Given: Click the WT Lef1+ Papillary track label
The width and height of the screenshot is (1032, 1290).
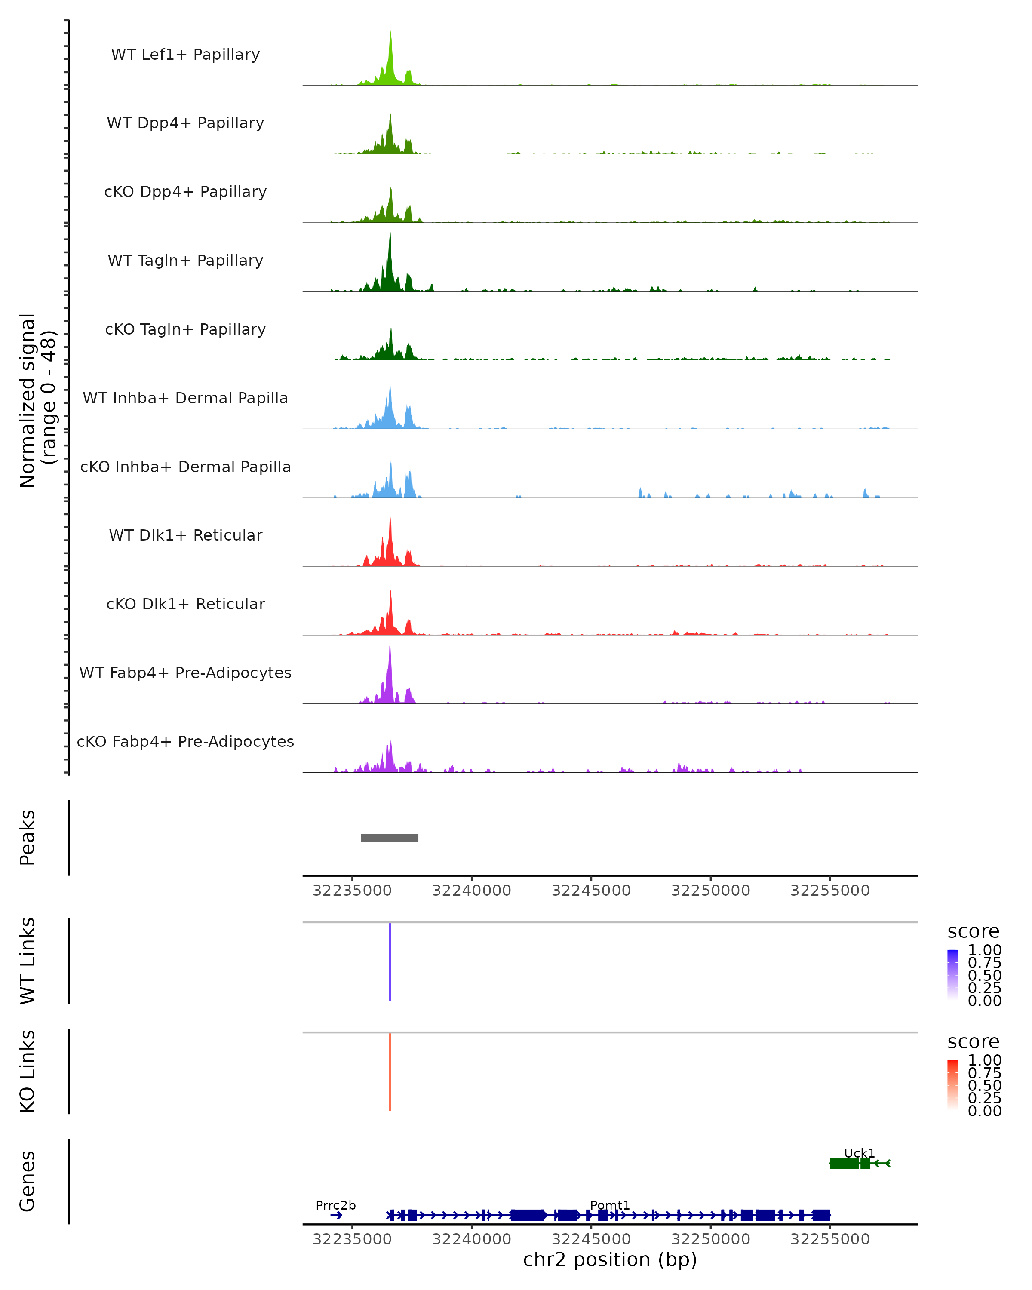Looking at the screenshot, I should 185,55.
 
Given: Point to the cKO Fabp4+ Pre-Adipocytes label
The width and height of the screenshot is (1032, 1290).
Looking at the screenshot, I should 185,741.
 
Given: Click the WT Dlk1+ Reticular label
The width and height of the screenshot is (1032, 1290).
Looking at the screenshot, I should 185,535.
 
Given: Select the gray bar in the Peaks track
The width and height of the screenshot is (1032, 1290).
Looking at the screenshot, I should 390,838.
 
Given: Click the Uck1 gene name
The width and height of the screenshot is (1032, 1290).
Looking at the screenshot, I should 859,1153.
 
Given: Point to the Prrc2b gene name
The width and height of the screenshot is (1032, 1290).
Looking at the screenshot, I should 336,1205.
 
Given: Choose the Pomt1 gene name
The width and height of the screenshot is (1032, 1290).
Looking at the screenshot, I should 610,1205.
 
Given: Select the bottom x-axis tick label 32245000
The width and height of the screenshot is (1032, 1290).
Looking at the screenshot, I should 591,1239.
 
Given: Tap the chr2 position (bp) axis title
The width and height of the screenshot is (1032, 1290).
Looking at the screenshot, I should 610,1259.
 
